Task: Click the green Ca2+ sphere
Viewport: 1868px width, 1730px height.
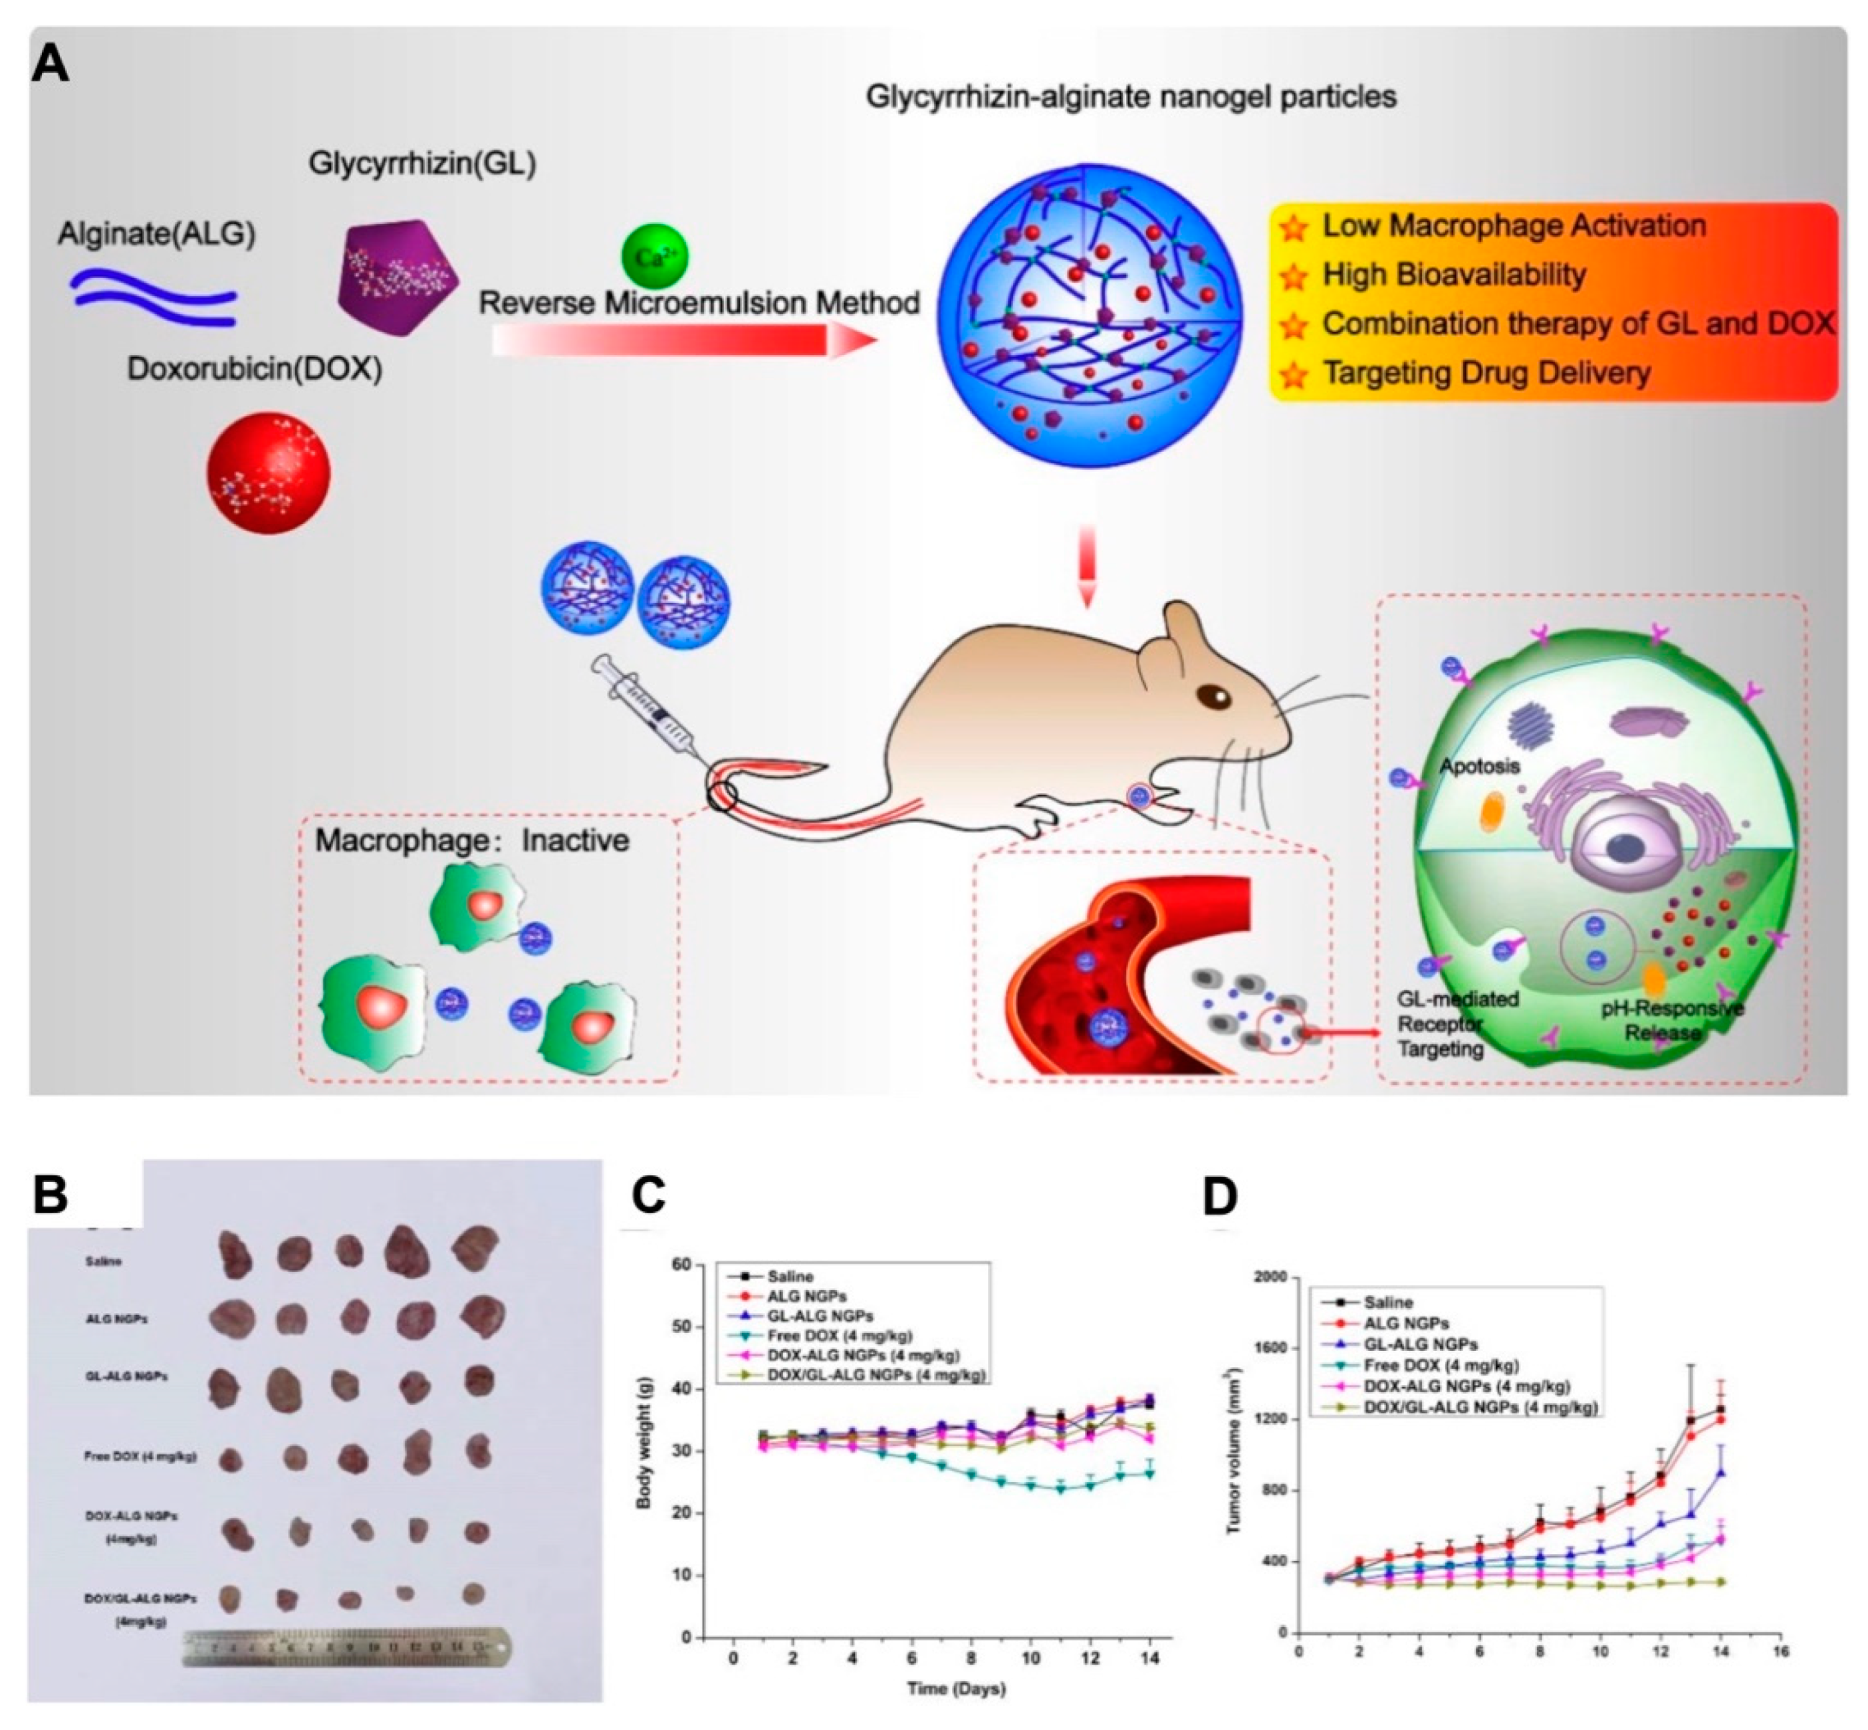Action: (x=655, y=255)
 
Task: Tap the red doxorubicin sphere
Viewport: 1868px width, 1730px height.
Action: (x=268, y=473)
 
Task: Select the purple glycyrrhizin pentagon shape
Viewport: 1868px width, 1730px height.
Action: (x=398, y=278)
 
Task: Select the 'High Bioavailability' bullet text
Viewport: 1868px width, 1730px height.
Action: (x=1453, y=274)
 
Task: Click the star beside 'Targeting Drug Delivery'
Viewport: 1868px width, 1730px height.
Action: (x=1294, y=374)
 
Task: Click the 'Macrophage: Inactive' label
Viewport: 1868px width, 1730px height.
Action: (x=472, y=840)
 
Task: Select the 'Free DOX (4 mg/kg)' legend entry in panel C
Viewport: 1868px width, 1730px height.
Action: (x=839, y=1336)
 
